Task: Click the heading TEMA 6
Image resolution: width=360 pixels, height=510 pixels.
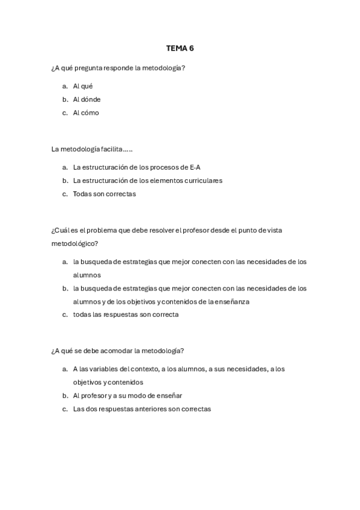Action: point(180,48)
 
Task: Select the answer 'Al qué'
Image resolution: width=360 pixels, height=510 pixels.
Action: point(82,86)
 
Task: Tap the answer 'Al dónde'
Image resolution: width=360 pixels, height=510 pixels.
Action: point(87,99)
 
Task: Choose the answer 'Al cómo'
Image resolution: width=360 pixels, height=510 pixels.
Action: point(86,112)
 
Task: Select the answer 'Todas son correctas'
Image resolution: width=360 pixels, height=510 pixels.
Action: point(105,194)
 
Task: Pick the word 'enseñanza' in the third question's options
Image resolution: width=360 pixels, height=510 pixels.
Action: point(231,301)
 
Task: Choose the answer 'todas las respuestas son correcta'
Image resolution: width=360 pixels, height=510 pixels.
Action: point(126,315)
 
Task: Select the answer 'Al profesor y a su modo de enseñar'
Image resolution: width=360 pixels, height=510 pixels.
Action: point(127,396)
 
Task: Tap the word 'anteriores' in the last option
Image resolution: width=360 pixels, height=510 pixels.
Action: point(152,409)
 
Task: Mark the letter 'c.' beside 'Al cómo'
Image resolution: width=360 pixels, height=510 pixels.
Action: point(65,112)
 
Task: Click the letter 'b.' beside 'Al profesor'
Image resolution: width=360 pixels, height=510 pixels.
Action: point(65,396)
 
